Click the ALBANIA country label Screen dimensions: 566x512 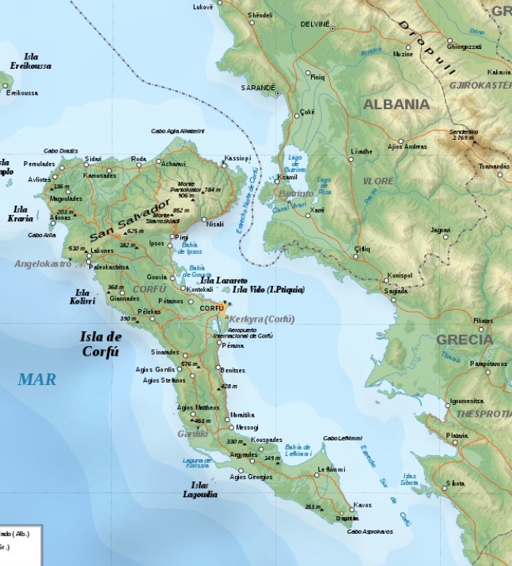(396, 104)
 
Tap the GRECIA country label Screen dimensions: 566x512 (465, 340)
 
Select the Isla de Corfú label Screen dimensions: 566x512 (100, 345)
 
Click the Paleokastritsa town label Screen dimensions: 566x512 (108, 267)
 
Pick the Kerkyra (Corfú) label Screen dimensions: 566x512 (263, 319)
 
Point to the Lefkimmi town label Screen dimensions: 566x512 (332, 470)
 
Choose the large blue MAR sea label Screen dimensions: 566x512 (37, 379)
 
